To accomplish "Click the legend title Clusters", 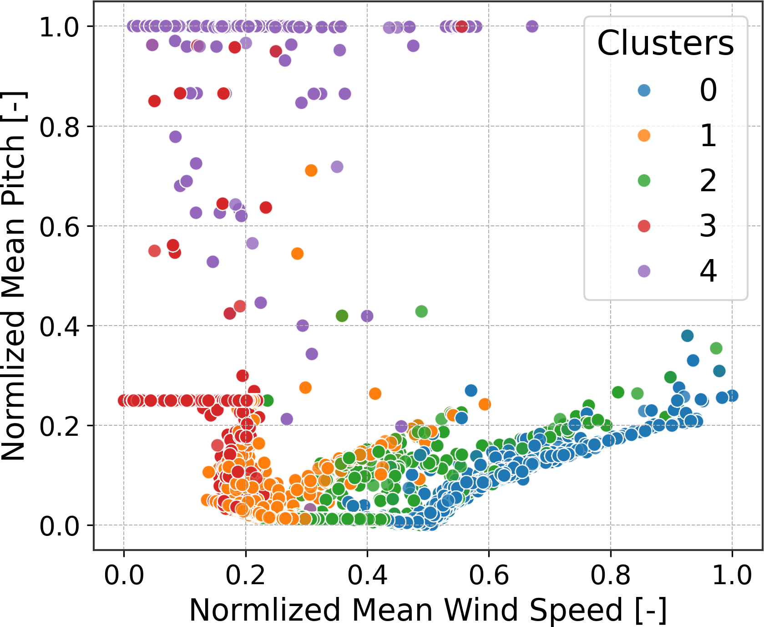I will coord(665,44).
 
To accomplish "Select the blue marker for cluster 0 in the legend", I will coord(644,90).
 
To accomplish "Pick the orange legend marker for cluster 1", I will coord(644,135).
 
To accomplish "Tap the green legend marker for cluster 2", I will coord(644,181).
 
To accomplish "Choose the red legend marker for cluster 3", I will coord(644,226).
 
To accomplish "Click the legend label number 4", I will coord(708,271).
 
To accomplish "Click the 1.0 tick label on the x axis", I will coord(732,575).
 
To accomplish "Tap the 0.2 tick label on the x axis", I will coord(245,575).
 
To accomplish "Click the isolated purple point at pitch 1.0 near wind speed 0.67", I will coord(532,26).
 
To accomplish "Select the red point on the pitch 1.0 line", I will coord(461,26).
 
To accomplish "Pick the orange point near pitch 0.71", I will coord(311,171).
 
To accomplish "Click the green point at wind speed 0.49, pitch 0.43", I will coord(421,311).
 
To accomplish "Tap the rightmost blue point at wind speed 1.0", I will coord(732,396).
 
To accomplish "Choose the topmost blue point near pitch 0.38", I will coord(687,336).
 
